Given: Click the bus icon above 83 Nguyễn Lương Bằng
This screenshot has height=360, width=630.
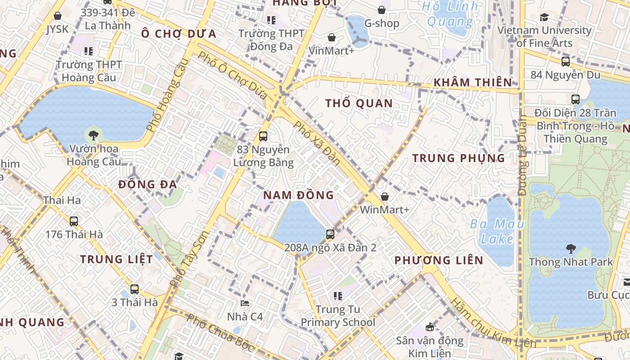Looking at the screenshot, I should (263, 136).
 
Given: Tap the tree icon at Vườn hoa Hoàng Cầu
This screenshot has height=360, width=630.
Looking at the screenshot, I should (93, 134).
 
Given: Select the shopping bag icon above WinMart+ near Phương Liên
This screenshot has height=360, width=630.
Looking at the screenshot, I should (385, 197).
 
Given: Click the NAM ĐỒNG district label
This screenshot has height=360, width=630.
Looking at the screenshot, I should (298, 195).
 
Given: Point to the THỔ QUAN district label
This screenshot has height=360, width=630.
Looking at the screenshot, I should (359, 103).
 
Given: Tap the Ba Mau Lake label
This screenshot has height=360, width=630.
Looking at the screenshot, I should (497, 231).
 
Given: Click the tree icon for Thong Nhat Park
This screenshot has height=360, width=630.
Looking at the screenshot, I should (571, 248).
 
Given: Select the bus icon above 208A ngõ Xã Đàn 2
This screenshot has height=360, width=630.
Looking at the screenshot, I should (330, 234).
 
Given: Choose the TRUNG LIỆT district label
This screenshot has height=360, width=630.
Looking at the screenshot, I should (117, 259).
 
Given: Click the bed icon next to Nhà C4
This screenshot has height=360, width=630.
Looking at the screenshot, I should (245, 303).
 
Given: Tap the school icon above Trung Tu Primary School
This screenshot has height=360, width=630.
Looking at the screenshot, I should (338, 296).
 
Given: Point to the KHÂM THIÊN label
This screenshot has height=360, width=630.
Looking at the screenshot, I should (472, 82).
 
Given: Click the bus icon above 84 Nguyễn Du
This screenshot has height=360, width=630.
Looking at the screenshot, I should (566, 62).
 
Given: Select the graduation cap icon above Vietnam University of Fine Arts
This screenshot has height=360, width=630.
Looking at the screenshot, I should (544, 17).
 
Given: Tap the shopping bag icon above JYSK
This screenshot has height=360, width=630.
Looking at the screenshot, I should (58, 16).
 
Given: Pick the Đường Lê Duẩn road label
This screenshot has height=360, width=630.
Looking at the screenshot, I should (522, 155).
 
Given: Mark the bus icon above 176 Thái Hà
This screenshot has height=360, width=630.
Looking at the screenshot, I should (74, 221).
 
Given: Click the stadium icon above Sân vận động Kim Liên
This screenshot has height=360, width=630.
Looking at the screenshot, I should (430, 327).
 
